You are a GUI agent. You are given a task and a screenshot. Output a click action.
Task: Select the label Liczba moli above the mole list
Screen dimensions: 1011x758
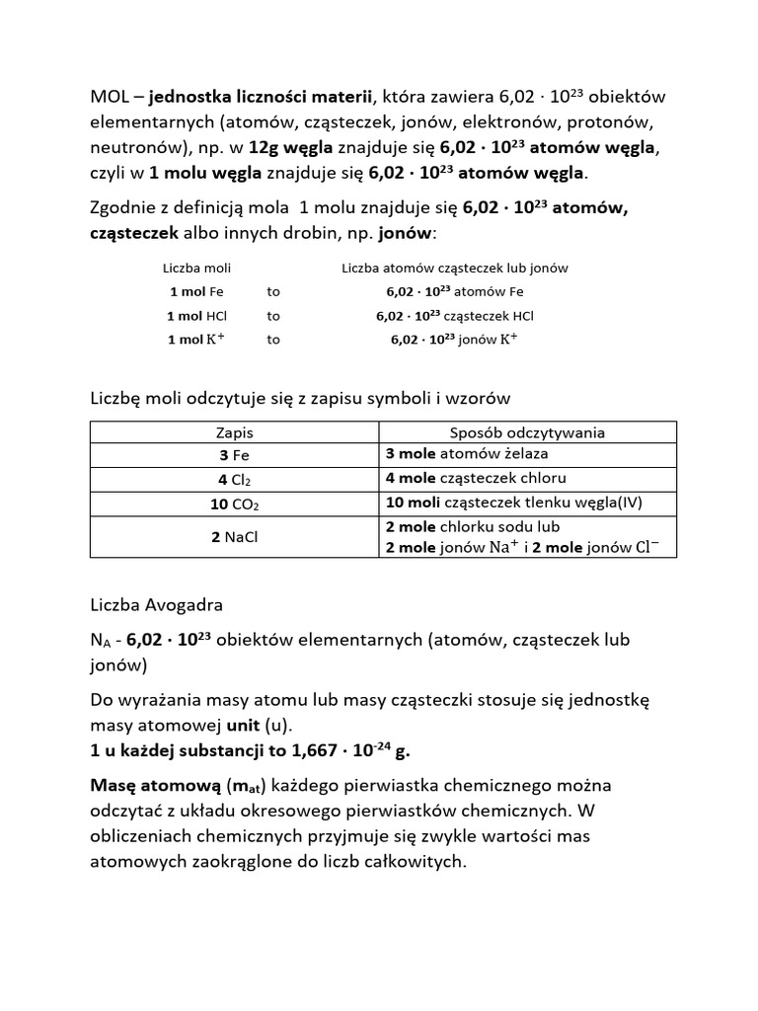pyautogui.click(x=196, y=268)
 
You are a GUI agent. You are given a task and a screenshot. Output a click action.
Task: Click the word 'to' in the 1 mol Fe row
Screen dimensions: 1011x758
pyautogui.click(x=273, y=292)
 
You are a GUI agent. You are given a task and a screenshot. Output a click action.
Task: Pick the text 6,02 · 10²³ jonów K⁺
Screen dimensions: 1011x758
pyautogui.click(x=454, y=340)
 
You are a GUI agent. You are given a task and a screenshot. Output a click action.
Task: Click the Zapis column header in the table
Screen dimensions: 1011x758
pyautogui.click(x=234, y=432)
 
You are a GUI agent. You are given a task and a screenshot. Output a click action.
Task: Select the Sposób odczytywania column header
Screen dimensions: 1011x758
pyautogui.click(x=527, y=432)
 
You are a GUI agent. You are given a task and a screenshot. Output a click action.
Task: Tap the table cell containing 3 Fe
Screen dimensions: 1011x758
pyautogui.click(x=234, y=455)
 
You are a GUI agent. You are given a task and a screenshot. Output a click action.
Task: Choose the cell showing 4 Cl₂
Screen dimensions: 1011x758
pyautogui.click(x=234, y=479)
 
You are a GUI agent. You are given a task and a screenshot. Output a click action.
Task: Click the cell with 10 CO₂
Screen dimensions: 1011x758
pyautogui.click(x=234, y=503)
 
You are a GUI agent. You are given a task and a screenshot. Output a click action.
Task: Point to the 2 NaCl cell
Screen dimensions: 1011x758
pyautogui.click(x=234, y=537)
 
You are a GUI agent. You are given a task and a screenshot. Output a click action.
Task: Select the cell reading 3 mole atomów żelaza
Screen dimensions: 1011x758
pyautogui.click(x=466, y=454)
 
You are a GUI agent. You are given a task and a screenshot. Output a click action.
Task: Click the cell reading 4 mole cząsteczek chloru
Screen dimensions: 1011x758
pyautogui.click(x=475, y=478)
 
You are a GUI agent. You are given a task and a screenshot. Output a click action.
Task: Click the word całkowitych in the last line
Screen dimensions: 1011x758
pyautogui.click(x=407, y=861)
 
